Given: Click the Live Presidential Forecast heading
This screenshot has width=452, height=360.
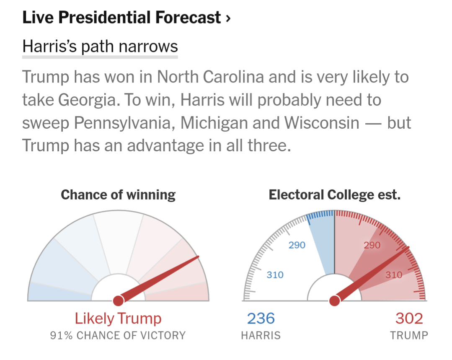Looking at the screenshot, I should pyautogui.click(x=121, y=18).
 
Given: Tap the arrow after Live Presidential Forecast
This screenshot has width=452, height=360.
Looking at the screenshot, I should pyautogui.click(x=228, y=18).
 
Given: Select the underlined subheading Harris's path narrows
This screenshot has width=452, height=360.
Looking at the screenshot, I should pyautogui.click(x=100, y=47).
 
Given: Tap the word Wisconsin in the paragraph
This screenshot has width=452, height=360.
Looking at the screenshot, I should pyautogui.click(x=322, y=123).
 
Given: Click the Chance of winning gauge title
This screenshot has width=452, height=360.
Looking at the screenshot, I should pyautogui.click(x=118, y=195).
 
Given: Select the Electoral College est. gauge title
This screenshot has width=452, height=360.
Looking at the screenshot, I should pyautogui.click(x=334, y=195).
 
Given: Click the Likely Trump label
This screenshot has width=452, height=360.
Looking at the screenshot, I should pyautogui.click(x=118, y=319).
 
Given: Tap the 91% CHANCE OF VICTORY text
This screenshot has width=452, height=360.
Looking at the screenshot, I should pyautogui.click(x=118, y=336).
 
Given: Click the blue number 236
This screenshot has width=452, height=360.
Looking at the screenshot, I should pyautogui.click(x=261, y=319).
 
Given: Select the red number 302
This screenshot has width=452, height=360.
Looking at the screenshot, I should pyautogui.click(x=409, y=319).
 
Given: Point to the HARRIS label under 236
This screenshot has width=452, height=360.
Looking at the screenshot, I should pyautogui.click(x=261, y=336).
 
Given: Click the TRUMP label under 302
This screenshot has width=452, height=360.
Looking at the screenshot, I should pyautogui.click(x=409, y=336).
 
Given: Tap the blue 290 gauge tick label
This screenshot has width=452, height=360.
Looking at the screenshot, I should pyautogui.click(x=297, y=245).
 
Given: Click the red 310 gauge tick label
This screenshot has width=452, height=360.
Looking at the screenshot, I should pyautogui.click(x=394, y=275).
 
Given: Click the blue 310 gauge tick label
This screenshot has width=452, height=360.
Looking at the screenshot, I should pyautogui.click(x=275, y=275).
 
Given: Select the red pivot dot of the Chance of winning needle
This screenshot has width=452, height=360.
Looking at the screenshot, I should pyautogui.click(x=118, y=300).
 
